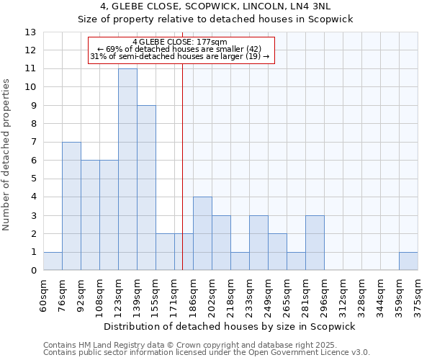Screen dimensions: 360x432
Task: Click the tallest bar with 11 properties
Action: coord(127,169)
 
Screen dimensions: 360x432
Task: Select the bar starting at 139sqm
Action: coord(146,188)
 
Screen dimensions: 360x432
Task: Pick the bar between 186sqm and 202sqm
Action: coord(202,234)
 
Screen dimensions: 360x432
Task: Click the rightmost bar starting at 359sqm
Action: coord(408,261)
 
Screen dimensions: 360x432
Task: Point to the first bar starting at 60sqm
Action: coord(53,261)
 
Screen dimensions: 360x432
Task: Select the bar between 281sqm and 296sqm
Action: coord(315,243)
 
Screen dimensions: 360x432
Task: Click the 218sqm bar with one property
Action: coord(240,261)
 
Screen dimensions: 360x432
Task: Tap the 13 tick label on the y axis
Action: coord(30,32)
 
